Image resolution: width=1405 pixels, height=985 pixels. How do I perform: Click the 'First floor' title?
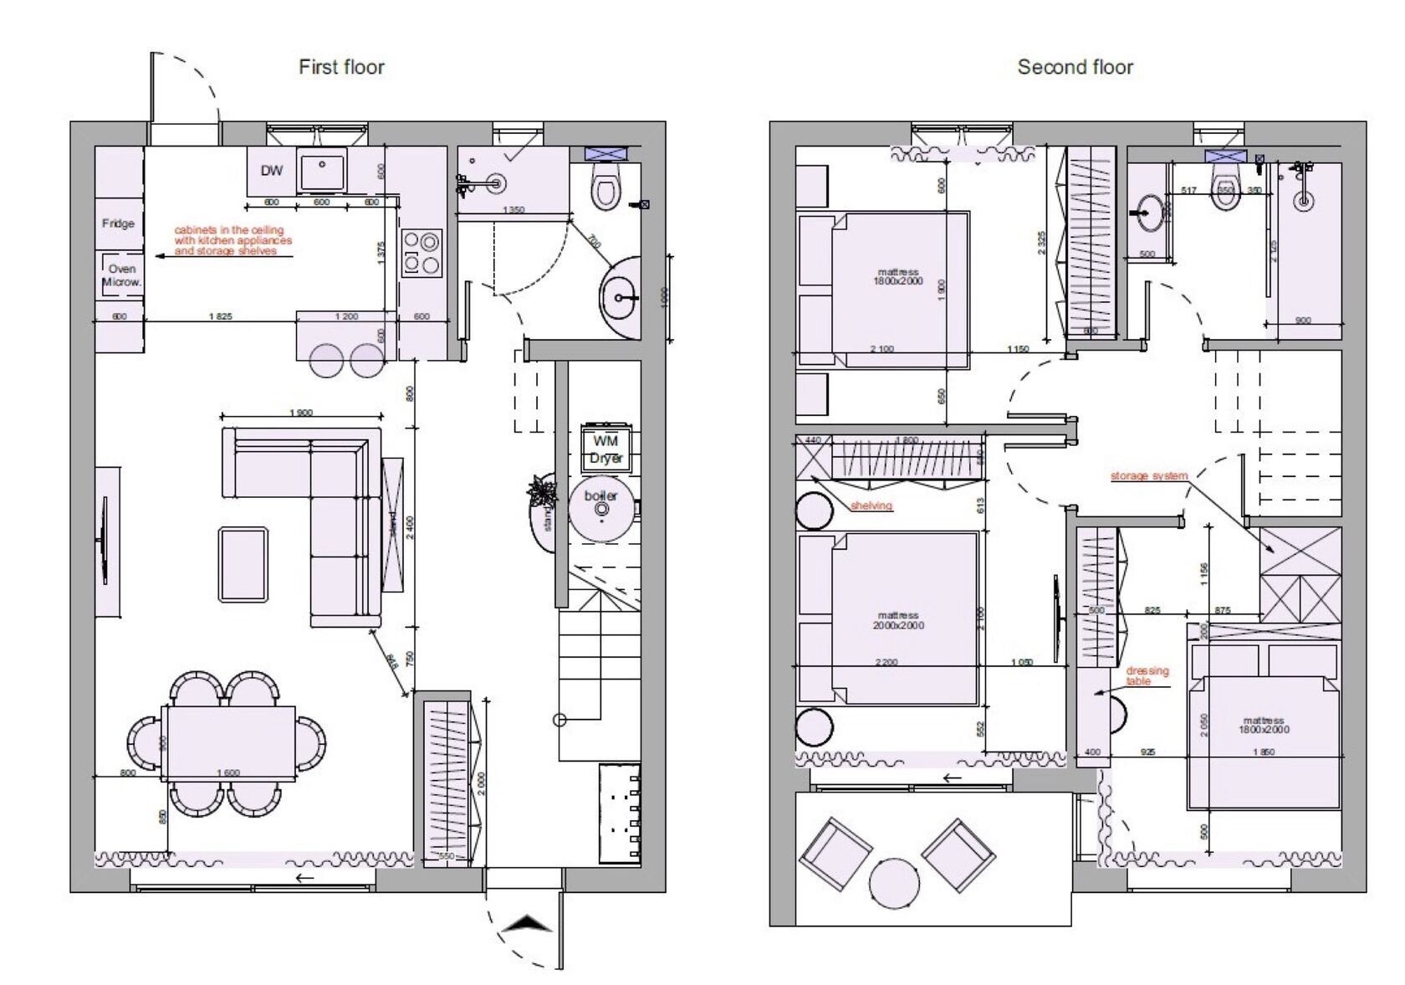[x=341, y=67]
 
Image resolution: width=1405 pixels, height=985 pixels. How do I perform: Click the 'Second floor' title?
[x=1075, y=67]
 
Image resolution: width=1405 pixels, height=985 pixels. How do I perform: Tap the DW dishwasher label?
[x=271, y=171]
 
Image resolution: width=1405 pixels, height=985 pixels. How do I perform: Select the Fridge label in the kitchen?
[x=118, y=223]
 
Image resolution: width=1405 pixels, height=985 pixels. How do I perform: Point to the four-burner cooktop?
[x=421, y=253]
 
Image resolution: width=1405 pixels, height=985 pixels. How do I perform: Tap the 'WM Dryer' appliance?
[x=606, y=449]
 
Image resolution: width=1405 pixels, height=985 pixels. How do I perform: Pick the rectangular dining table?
[x=230, y=743]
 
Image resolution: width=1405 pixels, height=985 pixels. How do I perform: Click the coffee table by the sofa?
[x=243, y=562]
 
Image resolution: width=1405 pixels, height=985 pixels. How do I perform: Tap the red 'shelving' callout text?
[x=871, y=505]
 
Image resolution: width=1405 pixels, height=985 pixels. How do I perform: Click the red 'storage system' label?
[x=1148, y=476]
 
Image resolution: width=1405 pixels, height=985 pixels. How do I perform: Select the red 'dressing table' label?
[x=1147, y=675]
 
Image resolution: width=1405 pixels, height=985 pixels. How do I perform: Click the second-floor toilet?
[x=1226, y=185]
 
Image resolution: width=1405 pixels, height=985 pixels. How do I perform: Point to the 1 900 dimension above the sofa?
[x=301, y=413]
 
